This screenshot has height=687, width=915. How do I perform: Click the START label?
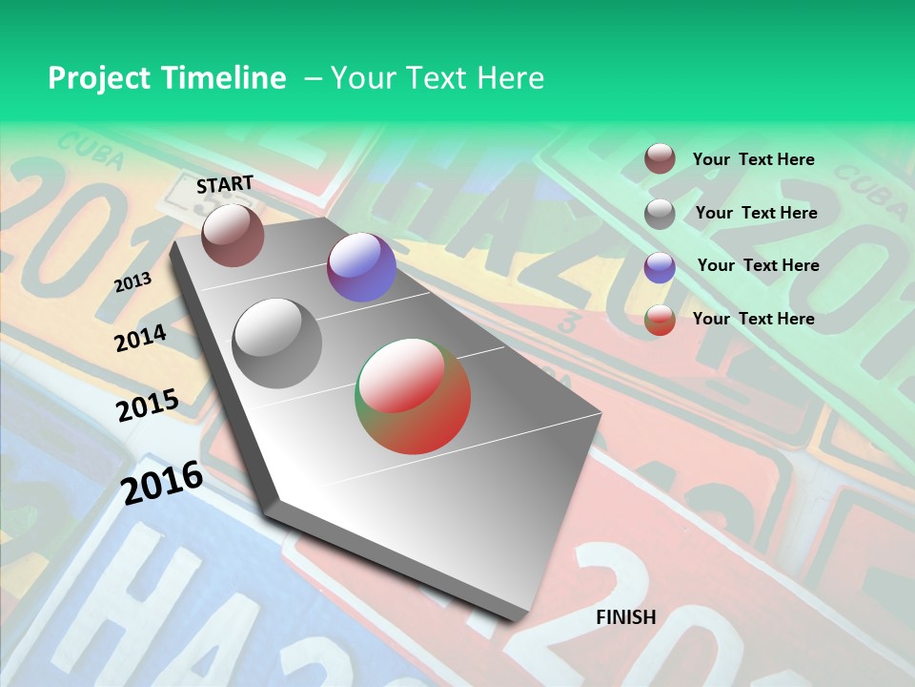pos(225,184)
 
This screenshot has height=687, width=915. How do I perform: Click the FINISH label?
pos(626,617)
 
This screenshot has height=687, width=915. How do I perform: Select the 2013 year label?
pos(132,281)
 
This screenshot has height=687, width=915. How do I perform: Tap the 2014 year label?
pos(140,338)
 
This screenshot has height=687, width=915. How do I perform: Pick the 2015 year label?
pos(147,406)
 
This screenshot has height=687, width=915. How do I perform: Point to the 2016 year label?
pos(162,483)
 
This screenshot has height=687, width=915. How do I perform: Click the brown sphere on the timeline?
pos(233,235)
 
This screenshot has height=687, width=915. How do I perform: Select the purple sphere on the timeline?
pos(361,267)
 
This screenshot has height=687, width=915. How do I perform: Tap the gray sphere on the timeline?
pos(277,343)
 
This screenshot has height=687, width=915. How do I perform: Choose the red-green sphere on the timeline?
pos(413,395)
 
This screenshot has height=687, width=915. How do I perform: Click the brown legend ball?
pos(660,158)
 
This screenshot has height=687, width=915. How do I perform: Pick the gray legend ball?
pos(660,213)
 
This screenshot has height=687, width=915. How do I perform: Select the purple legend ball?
pos(660,266)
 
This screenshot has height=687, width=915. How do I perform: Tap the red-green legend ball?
pos(660,320)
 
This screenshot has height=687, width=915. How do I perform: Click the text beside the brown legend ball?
pos(754,159)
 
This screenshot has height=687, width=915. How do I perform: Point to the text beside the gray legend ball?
pos(757,213)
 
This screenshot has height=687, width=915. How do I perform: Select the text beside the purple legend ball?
pos(759,265)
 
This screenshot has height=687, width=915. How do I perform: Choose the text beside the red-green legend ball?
pos(754,319)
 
